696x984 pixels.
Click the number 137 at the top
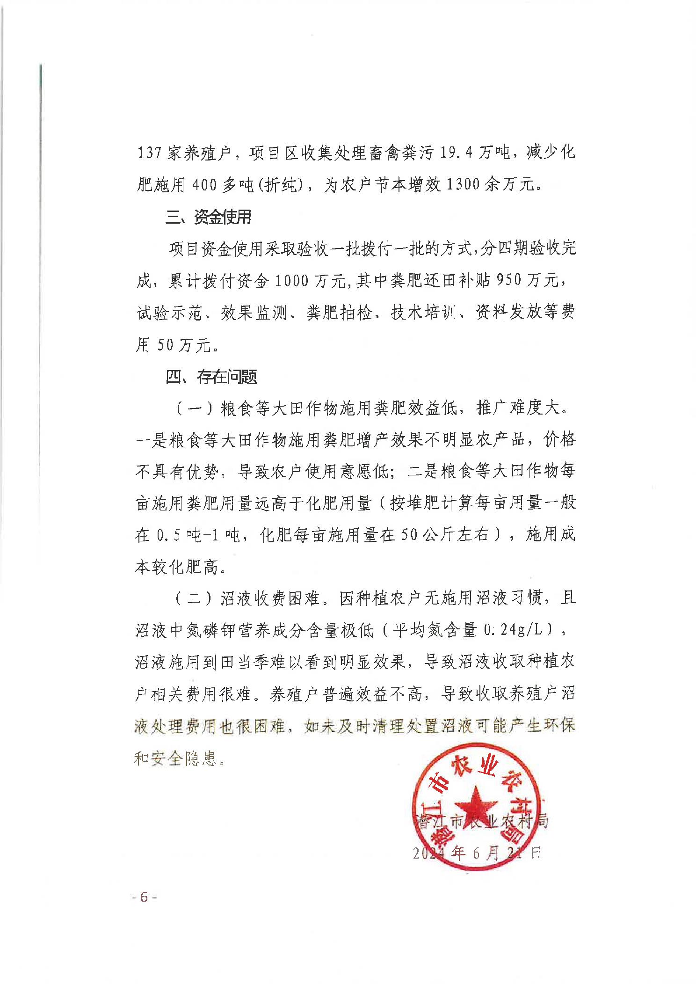pyautogui.click(x=149, y=153)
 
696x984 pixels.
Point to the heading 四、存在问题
pyautogui.click(x=211, y=377)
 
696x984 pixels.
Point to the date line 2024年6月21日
pyautogui.click(x=476, y=853)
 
